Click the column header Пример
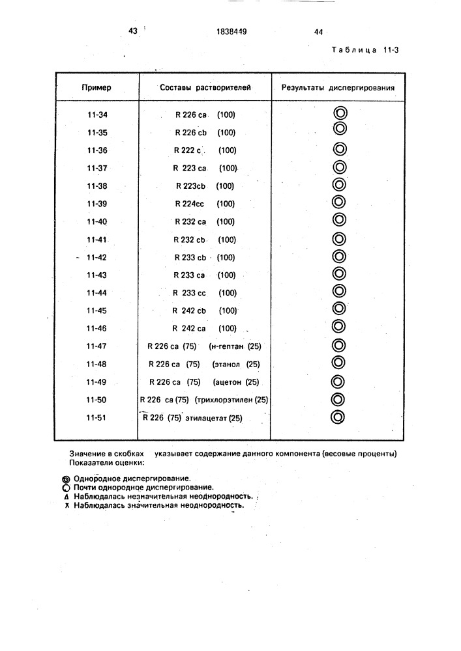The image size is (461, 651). [97, 87]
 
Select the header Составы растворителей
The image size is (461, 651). [205, 87]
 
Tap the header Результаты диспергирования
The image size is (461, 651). [338, 87]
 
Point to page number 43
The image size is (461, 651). [134, 30]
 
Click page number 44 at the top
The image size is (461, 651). [318, 31]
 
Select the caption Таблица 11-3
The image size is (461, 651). [364, 50]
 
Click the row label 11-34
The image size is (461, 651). [97, 115]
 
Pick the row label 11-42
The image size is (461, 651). [97, 257]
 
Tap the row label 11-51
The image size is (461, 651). [97, 418]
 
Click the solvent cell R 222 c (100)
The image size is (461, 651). [204, 150]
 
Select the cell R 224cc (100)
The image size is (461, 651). [204, 204]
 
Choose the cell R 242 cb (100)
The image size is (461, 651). [204, 311]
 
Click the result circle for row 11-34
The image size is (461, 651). [339, 113]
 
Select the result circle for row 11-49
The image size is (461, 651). [338, 381]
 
